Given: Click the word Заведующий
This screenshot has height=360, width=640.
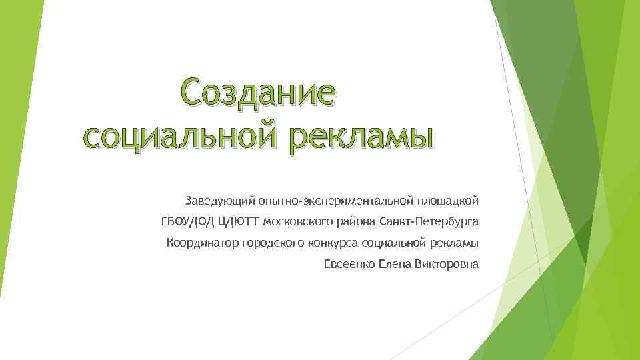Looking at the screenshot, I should (218, 200).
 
